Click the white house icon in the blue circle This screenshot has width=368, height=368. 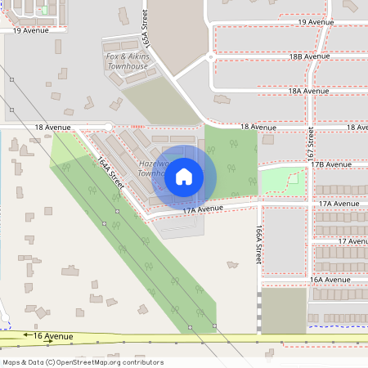click(184, 175)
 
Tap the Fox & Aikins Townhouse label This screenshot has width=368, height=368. click(128, 61)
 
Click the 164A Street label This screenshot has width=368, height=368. click(110, 173)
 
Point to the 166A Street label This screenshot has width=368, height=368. click(258, 245)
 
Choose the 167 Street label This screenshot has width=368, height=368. click(311, 142)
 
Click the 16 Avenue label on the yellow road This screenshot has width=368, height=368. click(53, 336)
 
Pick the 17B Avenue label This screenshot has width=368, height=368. click(330, 164)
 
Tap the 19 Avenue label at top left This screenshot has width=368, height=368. click(31, 29)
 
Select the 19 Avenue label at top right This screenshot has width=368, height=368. click(315, 22)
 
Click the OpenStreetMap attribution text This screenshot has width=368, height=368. click(83, 361)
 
